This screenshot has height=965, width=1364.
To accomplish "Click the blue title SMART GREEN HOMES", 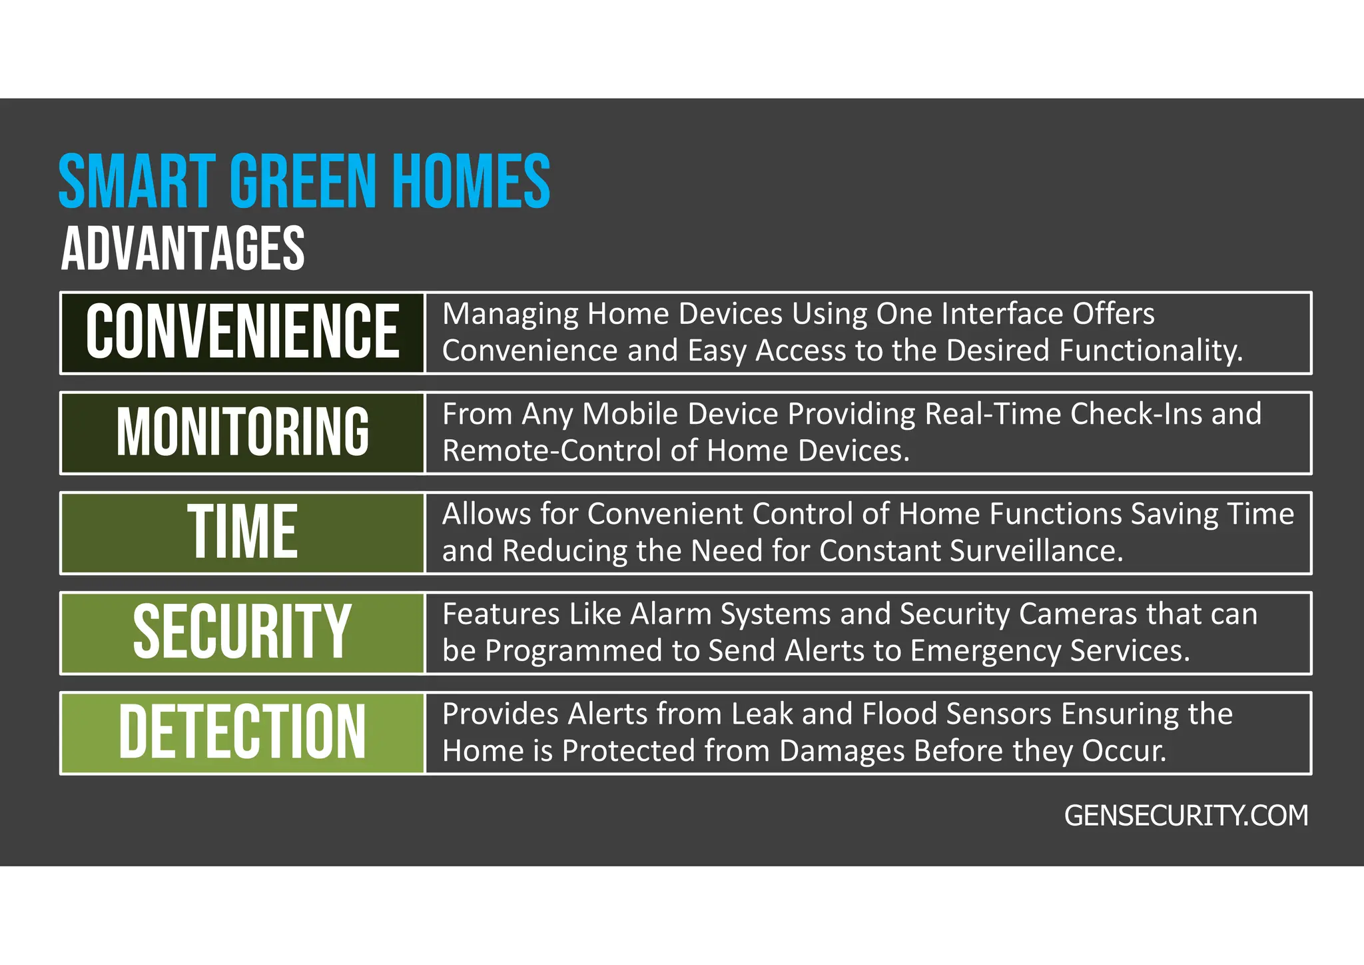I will (304, 181).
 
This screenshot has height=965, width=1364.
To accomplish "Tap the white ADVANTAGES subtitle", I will (182, 249).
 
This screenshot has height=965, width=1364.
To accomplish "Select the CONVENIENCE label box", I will (242, 333).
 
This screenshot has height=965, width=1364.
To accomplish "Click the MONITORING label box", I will (242, 433).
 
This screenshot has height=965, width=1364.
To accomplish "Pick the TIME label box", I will (242, 532).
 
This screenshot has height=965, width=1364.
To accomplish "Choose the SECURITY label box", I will (242, 632).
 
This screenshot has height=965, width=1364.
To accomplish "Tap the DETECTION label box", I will (242, 732).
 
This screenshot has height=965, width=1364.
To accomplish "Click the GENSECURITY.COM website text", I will (1186, 816).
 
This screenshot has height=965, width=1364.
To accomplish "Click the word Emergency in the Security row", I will (985, 651).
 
